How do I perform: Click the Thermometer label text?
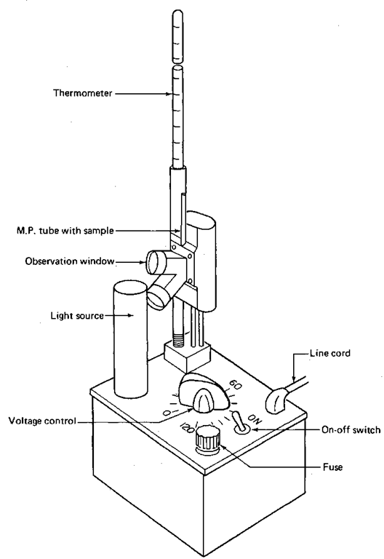coord(83,93)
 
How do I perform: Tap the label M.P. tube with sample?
coord(65,231)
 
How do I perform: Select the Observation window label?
coord(70,261)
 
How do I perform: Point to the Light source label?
coord(77,316)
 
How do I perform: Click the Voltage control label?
coord(42,421)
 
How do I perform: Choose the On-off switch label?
coord(351,429)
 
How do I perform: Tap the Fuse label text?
coord(332,467)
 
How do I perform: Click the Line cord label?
coord(330,353)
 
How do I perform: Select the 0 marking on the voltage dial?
coord(167,413)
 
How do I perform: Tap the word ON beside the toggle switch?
coord(255,419)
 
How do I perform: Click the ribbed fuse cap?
coord(207,439)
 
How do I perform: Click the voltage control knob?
coord(203,392)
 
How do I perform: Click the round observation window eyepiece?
coord(155,262)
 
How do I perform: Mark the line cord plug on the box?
coord(278,401)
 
